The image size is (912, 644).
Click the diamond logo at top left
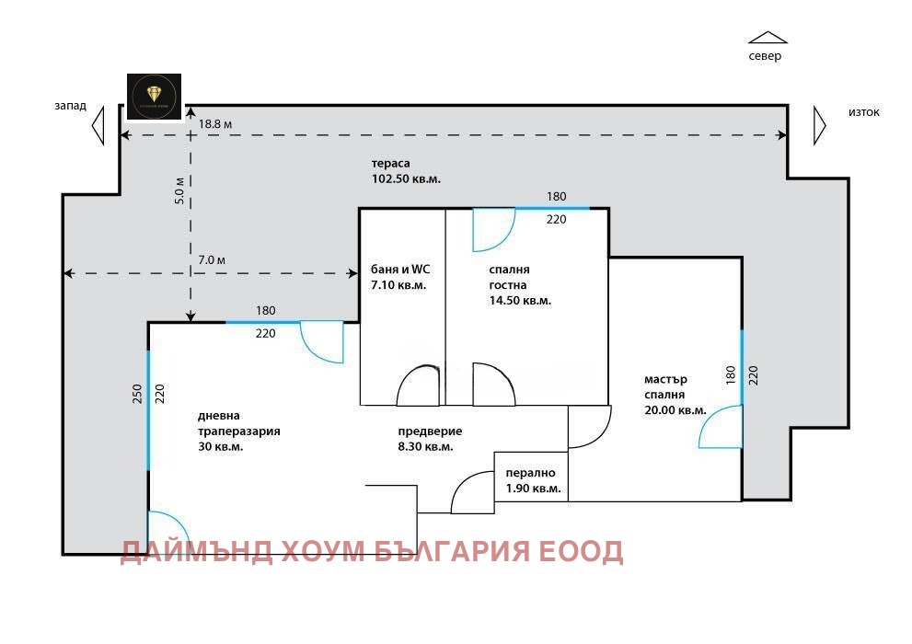tap(154, 97)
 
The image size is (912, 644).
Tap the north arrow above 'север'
tap(768, 38)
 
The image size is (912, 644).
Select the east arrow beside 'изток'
tap(818, 125)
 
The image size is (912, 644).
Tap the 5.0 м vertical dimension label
tap(180, 190)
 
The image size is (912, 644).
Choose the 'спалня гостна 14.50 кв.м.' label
tap(520, 284)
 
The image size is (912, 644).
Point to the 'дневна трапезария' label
tap(238, 431)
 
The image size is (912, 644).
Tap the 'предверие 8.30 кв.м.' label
tap(430, 439)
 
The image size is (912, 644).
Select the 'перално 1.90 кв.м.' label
tap(533, 480)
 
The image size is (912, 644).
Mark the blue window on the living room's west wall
tap(147, 409)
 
